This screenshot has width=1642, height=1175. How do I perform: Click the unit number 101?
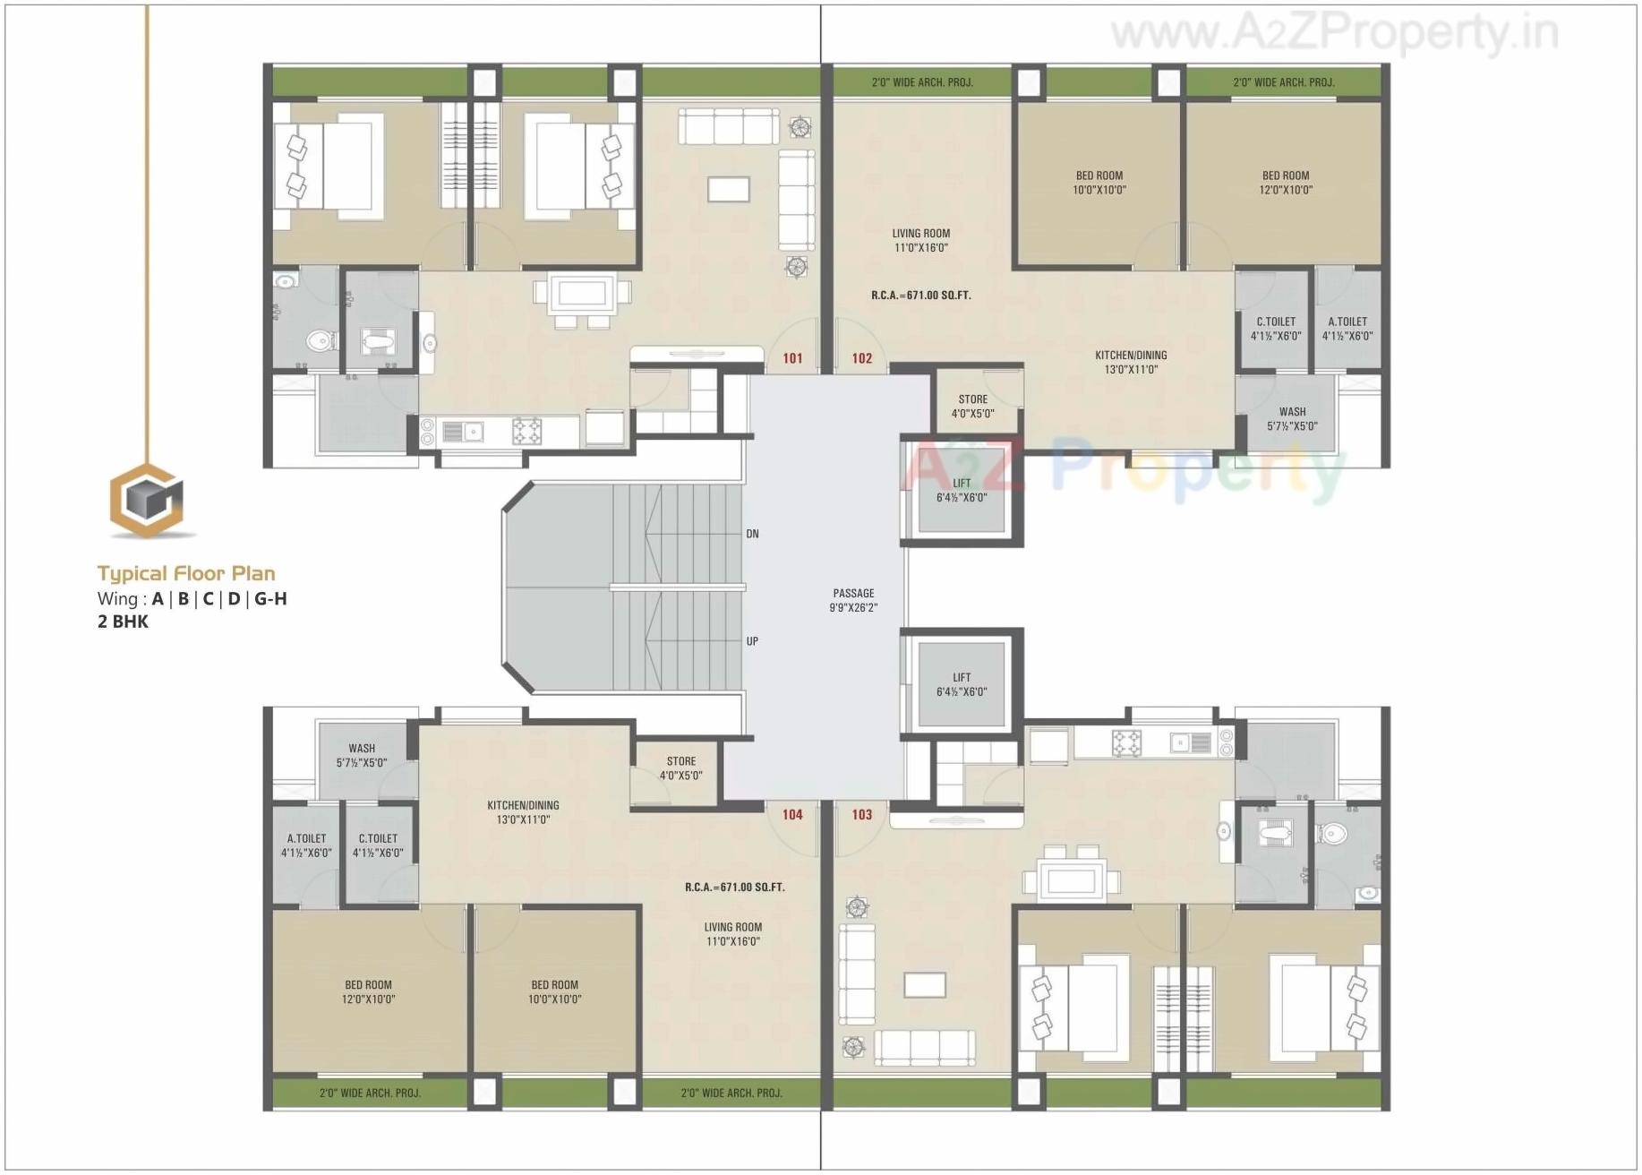pos(792,358)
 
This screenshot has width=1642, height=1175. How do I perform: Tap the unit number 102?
pos(861,358)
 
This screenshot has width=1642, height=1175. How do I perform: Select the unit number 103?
pos(861,814)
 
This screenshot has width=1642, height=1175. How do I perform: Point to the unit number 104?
pos(792,814)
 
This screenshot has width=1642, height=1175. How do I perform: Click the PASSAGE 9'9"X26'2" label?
pos(853,600)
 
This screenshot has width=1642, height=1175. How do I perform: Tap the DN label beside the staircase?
pos(752,534)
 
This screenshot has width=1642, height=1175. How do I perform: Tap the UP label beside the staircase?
pos(752,641)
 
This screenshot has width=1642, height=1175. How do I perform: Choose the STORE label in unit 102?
pos(972,407)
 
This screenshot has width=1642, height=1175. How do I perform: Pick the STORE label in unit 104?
pos(680,768)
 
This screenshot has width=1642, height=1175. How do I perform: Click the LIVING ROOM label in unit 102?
pos(920,240)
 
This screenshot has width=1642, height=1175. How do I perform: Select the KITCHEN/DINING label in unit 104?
pos(523,812)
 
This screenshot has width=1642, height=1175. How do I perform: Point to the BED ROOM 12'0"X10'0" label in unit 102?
pos(1285,183)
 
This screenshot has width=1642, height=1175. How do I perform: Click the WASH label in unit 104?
pos(362,755)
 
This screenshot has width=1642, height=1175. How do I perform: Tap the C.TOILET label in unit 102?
pos(1275,329)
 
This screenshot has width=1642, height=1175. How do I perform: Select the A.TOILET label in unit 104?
pos(306,845)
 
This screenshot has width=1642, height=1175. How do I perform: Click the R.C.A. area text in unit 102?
pos(920,295)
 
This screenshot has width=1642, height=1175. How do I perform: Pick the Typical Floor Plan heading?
pos(186,574)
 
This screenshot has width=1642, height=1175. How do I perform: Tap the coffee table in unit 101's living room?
pos(728,189)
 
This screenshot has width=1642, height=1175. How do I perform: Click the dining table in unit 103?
pos(1071,879)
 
